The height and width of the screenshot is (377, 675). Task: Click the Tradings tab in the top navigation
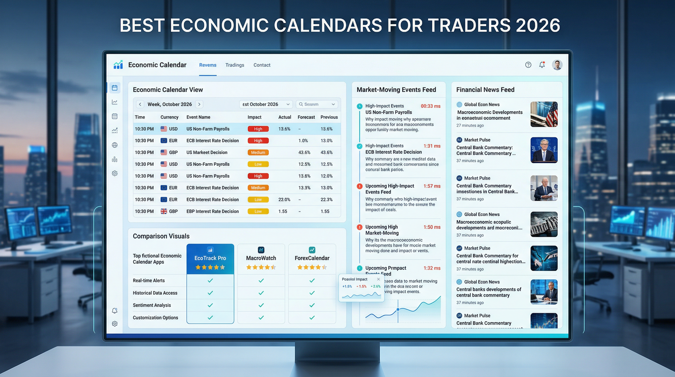click(x=234, y=65)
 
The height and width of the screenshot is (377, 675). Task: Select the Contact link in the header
click(x=261, y=65)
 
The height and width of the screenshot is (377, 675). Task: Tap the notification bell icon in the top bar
click(x=542, y=65)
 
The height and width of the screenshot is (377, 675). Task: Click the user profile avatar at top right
click(x=557, y=65)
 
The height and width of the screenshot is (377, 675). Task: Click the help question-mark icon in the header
click(x=528, y=65)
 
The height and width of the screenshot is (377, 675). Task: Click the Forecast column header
click(x=306, y=117)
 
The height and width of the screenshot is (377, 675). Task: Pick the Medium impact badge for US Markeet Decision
click(x=258, y=153)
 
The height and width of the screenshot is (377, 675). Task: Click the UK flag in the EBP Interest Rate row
click(x=164, y=211)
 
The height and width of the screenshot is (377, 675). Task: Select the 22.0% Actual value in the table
click(x=284, y=200)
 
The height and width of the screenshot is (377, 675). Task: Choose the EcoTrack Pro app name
click(x=210, y=258)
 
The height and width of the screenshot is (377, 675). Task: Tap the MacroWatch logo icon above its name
click(x=261, y=250)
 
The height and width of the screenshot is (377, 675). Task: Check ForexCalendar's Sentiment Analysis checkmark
click(x=312, y=305)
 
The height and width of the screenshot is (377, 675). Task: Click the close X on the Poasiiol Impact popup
click(x=378, y=279)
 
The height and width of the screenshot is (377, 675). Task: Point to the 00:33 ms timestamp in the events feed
click(x=430, y=106)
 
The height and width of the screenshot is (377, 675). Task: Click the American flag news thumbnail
click(x=544, y=114)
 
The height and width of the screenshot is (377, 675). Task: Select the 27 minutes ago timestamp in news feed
click(x=470, y=125)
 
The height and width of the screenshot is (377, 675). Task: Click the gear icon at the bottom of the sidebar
click(x=115, y=324)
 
